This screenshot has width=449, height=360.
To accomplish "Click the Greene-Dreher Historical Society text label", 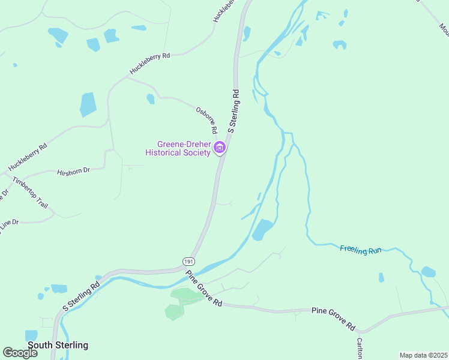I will coord(178,148).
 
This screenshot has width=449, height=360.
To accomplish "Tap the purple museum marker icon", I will coord(220,148).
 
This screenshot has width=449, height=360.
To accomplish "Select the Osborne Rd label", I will coord(206,120).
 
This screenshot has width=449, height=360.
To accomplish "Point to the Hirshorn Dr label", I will coord(73,171).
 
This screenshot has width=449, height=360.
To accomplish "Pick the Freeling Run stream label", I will coord(361,250).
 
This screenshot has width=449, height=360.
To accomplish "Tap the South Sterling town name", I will coord(58,345).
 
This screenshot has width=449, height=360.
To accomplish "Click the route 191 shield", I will coord(189,262).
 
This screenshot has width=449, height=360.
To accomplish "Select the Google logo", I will coord(20,352).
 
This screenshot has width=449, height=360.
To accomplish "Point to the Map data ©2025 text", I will coord(423,355).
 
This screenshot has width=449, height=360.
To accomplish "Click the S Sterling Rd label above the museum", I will coord(234,112).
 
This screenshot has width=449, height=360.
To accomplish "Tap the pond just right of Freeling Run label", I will coord(428,272).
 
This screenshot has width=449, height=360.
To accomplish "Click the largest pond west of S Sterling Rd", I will coord(88,104).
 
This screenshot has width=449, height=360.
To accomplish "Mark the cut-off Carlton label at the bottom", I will coord(360,348).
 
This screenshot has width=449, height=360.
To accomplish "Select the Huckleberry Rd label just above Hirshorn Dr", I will coord(27,157).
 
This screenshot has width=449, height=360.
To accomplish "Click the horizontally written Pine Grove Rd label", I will coord(333,311).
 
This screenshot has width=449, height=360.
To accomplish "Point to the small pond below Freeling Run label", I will coord(381,277).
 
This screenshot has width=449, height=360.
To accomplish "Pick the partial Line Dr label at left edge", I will coord(8,223).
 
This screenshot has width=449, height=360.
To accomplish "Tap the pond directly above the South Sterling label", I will coord(31,335).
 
